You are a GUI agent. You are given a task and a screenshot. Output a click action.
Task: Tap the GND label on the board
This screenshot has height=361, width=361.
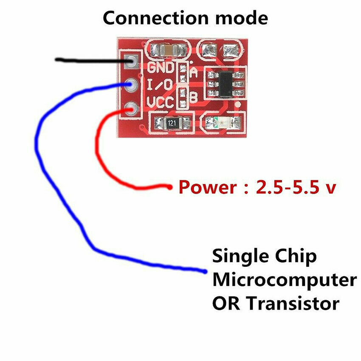(x=161, y=68)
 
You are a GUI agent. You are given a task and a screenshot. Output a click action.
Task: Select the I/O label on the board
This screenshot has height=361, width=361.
(x=160, y=85)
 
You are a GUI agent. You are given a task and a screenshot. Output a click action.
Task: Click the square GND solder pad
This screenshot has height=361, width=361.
(x=131, y=62)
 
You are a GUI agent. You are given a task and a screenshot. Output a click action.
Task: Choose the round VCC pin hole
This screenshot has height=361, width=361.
(x=131, y=108)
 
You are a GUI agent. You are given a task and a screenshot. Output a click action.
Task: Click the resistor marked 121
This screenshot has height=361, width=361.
(x=171, y=124)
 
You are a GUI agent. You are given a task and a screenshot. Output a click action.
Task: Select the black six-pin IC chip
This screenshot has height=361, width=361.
(x=224, y=82)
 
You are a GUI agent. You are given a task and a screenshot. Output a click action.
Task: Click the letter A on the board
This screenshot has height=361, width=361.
(x=194, y=72)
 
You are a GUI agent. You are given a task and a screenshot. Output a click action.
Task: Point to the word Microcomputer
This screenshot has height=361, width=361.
(x=284, y=280)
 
